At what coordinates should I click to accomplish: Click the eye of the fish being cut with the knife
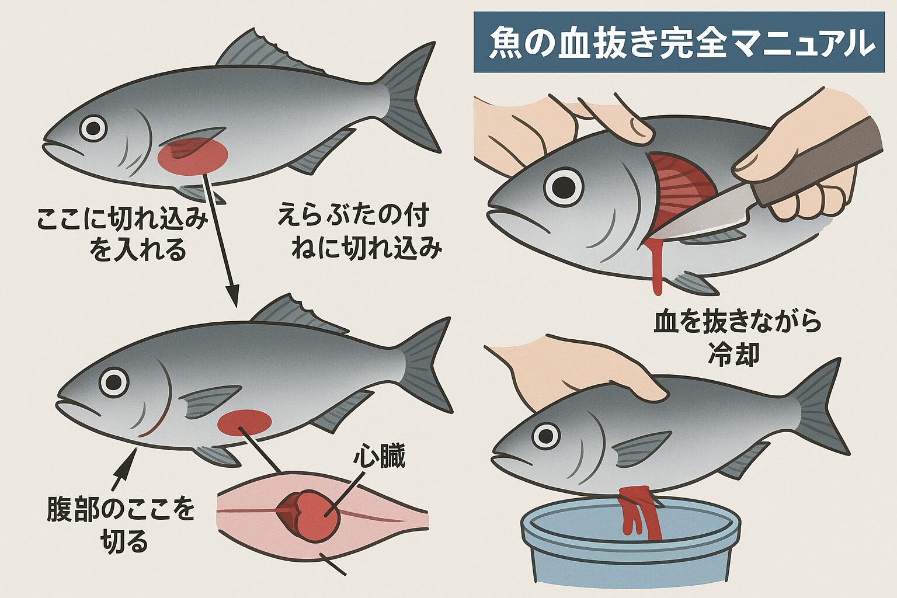pyautogui.click(x=564, y=187)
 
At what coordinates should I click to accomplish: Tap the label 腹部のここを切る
pyautogui.click(x=121, y=524)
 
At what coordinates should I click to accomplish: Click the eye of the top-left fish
pyautogui.click(x=93, y=128)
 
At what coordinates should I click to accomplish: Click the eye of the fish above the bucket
pyautogui.click(x=546, y=436)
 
